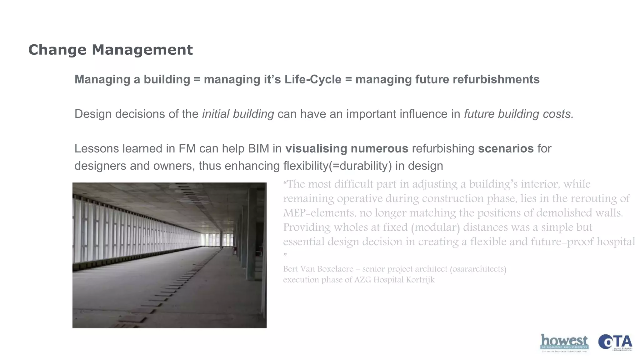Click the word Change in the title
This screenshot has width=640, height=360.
point(57,50)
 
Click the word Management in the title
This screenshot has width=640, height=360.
point(142,50)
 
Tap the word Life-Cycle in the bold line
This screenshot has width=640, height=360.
point(313,79)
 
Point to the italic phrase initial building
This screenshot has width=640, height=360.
point(238,114)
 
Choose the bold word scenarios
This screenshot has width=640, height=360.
point(506,148)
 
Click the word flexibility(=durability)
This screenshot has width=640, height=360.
point(337,166)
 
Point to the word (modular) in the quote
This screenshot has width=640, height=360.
point(436,227)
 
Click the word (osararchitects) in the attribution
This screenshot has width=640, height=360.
point(478,269)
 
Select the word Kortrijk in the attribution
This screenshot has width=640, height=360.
point(420,279)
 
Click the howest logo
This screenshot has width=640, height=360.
point(564,343)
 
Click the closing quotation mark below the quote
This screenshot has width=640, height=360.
point(285,255)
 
